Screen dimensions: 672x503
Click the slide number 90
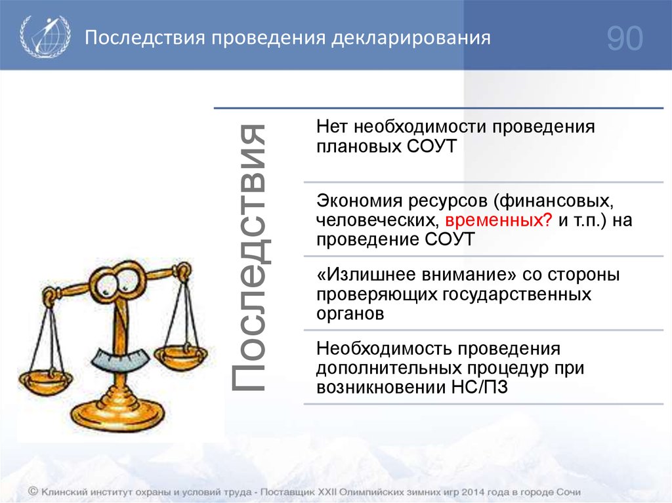(625, 39)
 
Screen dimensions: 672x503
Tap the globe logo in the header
(45, 37)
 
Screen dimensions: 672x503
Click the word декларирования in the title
(411, 38)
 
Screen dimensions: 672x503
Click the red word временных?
(499, 220)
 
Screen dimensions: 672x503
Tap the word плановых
(359, 146)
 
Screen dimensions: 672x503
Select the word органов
(350, 314)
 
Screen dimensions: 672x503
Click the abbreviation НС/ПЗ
(480, 388)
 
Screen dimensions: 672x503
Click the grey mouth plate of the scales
(120, 359)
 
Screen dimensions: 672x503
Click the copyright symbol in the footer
(33, 491)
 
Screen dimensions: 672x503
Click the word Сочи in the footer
(568, 492)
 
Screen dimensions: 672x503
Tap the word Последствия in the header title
(145, 38)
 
